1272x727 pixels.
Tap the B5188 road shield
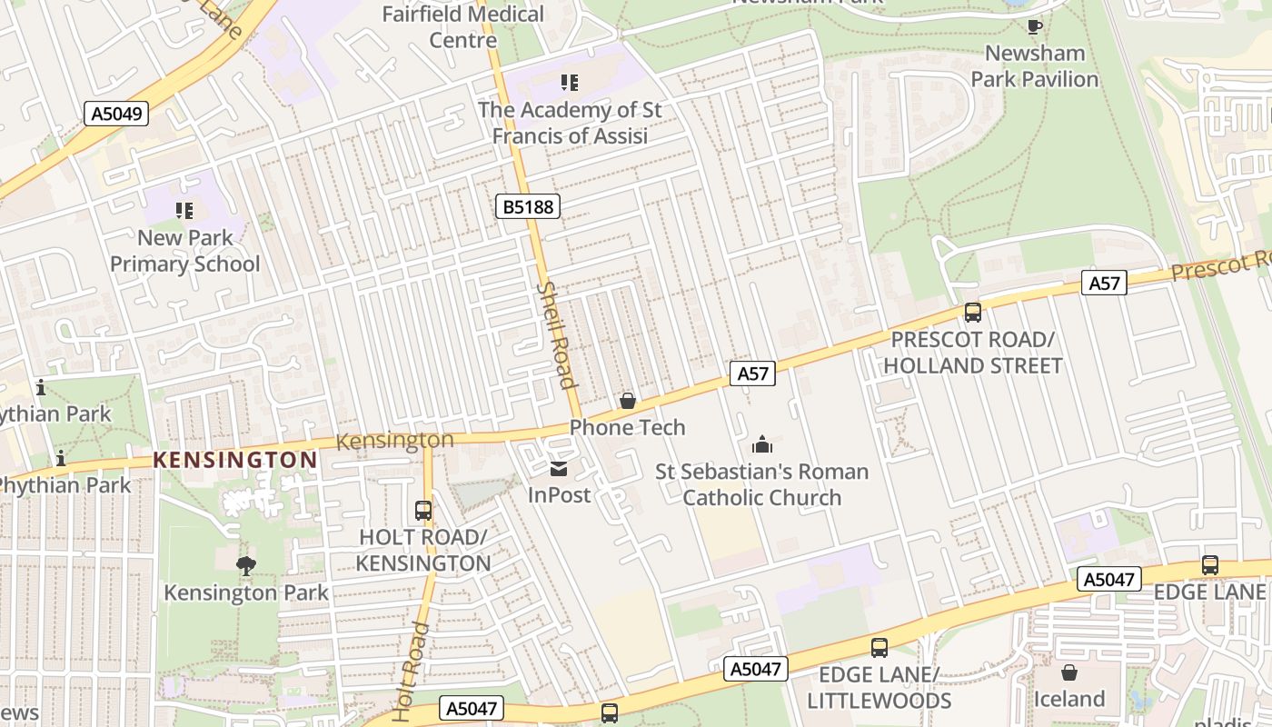(528, 206)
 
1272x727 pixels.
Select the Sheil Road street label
(558, 334)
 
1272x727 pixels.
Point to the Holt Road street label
(412, 672)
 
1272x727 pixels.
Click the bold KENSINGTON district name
(235, 460)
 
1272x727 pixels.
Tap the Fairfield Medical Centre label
(462, 26)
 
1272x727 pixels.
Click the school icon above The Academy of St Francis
(570, 84)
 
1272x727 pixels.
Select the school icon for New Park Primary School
(184, 211)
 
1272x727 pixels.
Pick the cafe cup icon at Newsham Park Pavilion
(1034, 26)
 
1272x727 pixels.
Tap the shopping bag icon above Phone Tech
(627, 401)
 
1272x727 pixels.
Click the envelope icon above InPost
(559, 469)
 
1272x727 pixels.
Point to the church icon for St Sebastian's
(761, 444)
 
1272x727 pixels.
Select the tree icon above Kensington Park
(245, 566)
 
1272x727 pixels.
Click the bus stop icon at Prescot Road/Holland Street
(972, 313)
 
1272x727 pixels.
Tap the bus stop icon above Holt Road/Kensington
(423, 511)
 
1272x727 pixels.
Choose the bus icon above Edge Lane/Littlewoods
(879, 648)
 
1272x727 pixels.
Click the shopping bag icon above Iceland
(1069, 672)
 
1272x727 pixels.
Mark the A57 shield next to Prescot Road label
(1105, 284)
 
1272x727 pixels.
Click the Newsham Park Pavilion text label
(1035, 66)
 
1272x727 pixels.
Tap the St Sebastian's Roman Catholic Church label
(762, 484)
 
